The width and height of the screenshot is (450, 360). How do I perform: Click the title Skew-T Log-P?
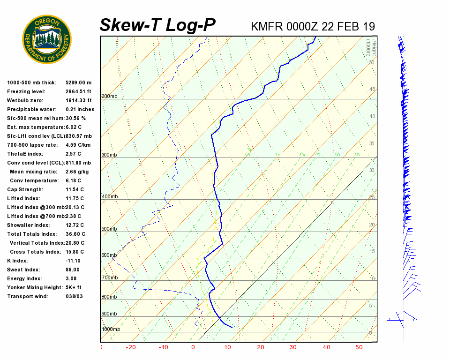tap(158, 25)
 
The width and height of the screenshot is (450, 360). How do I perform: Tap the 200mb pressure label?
tap(109, 97)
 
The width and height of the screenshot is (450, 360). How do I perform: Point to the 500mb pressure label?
tap(109, 229)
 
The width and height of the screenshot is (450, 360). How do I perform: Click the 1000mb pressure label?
tap(111, 330)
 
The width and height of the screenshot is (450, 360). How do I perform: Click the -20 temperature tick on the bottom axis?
tap(131, 347)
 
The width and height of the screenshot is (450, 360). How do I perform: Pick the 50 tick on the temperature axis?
tap(359, 347)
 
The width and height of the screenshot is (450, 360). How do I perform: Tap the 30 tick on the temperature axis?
tap(293, 347)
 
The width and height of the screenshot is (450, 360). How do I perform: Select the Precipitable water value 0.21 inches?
tap(80, 110)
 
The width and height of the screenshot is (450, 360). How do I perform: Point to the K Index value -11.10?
tap(73, 261)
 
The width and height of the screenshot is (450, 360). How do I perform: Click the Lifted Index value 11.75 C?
tap(75, 199)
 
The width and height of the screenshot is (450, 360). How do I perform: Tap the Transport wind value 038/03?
tap(74, 297)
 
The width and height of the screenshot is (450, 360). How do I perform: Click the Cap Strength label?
tap(25, 190)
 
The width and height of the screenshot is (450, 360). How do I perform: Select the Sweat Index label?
tap(23, 270)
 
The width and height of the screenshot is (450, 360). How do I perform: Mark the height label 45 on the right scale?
tap(372, 90)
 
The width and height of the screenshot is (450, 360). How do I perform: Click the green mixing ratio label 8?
tap(357, 154)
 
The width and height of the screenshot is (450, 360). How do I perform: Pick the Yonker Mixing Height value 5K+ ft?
tap(74, 288)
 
